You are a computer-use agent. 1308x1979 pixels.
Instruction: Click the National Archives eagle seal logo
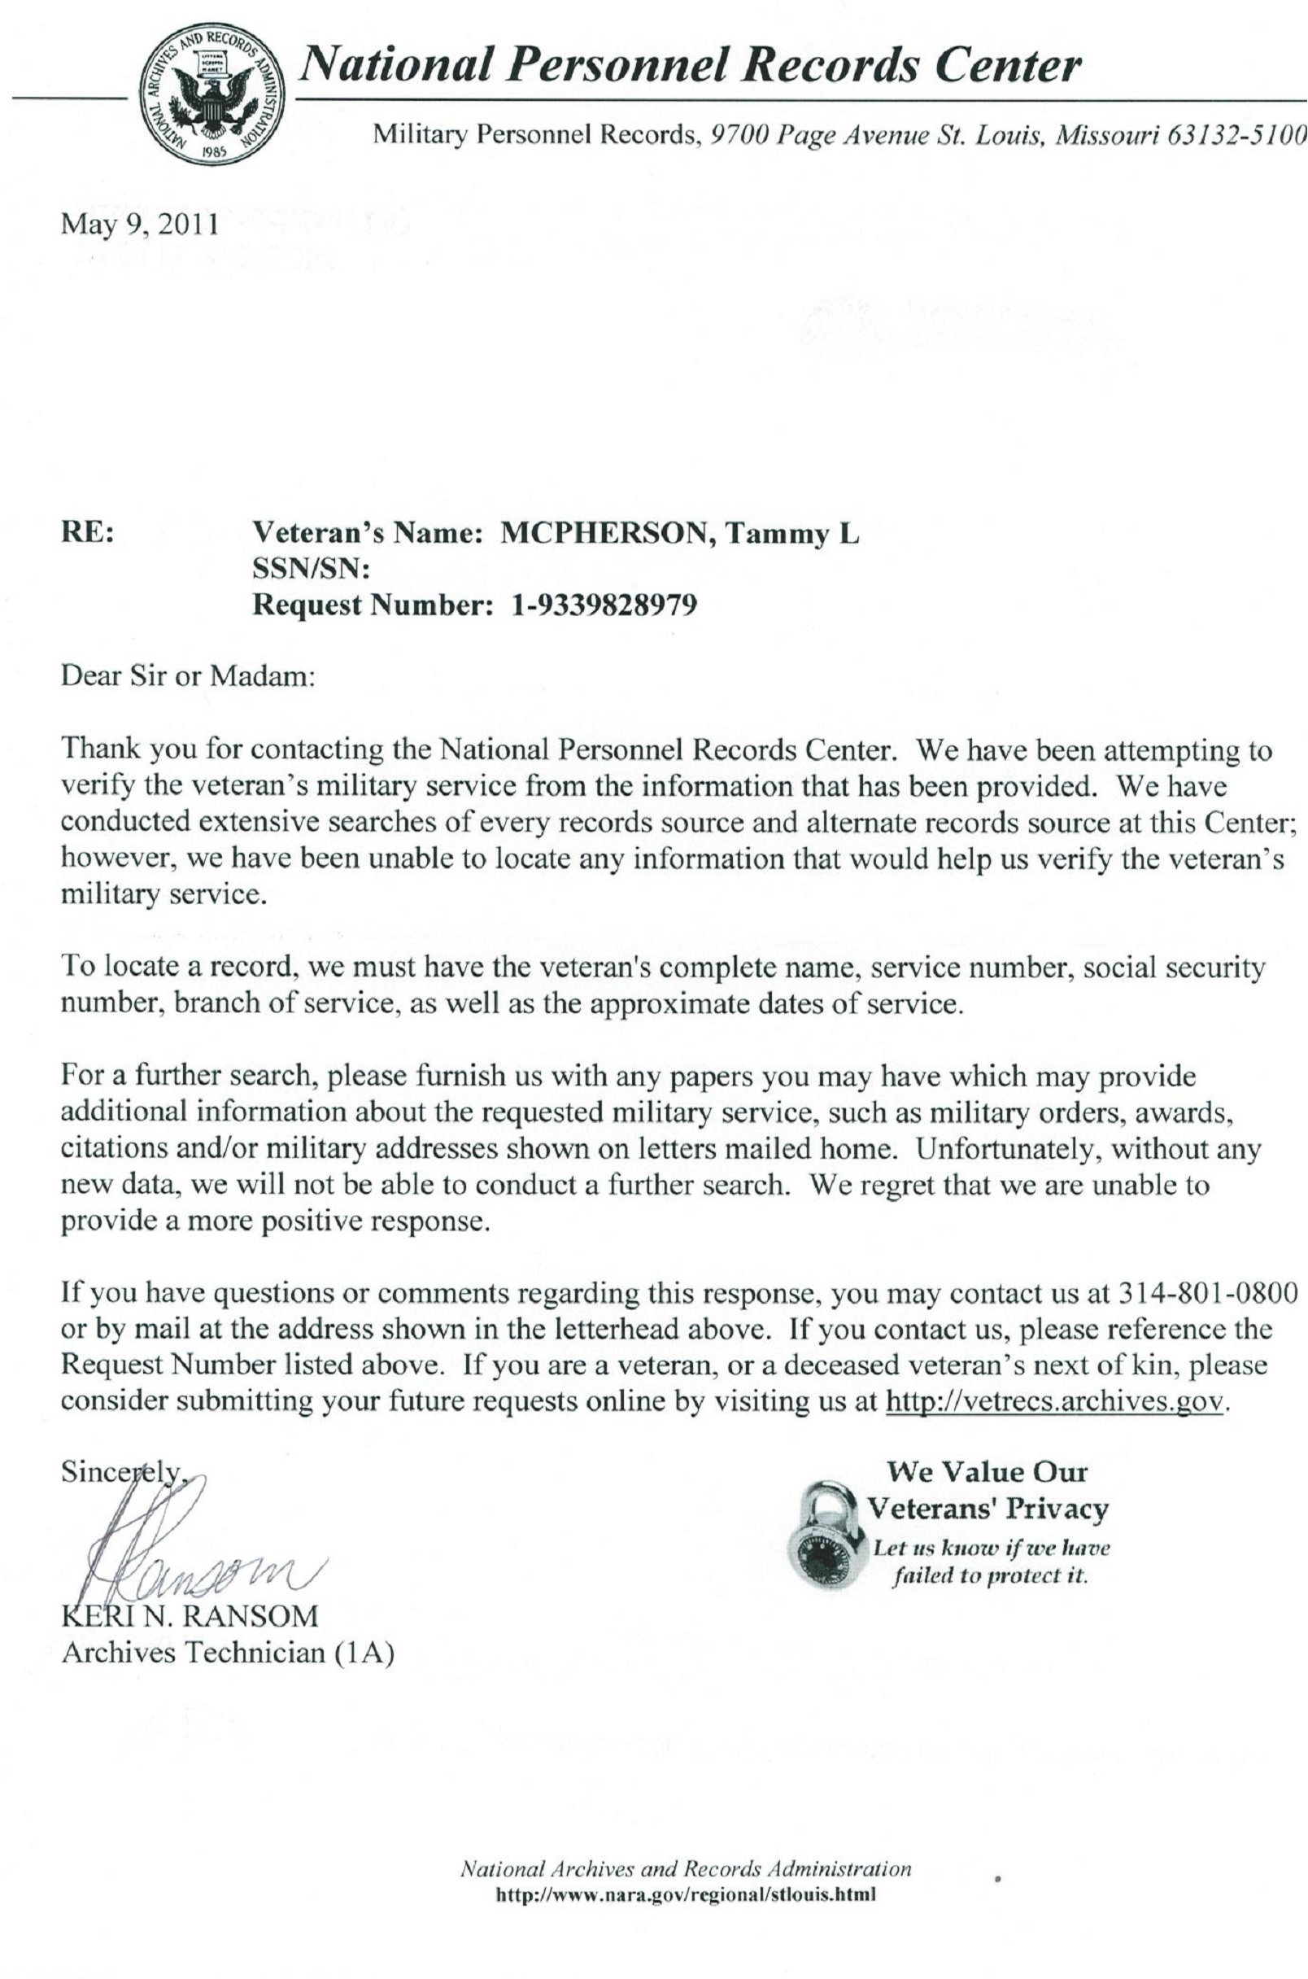click(211, 94)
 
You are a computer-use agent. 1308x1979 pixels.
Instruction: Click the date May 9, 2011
click(139, 225)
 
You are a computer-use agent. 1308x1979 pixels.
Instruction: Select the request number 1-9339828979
click(603, 604)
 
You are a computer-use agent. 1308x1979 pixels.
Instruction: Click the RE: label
click(88, 533)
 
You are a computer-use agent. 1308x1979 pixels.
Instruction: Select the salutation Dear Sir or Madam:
click(188, 675)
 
